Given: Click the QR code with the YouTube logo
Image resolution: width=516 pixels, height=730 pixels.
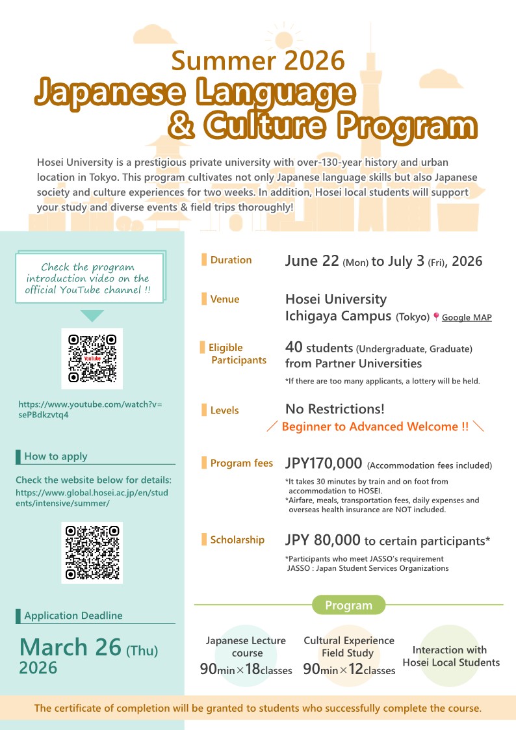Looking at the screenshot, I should click(x=92, y=358).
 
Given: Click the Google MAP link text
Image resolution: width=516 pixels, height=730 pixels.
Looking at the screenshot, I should click(x=467, y=318).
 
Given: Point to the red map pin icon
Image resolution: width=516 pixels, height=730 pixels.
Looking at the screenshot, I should click(x=436, y=317).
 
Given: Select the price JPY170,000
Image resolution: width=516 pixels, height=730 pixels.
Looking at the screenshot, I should click(x=324, y=463).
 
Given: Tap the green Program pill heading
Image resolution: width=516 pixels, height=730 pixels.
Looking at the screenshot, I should click(x=349, y=605).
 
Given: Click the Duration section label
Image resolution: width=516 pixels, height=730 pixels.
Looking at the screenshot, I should click(x=231, y=260).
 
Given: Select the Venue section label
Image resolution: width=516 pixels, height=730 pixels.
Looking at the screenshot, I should click(x=224, y=300).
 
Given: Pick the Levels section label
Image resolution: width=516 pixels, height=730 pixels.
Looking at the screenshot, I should click(x=224, y=410).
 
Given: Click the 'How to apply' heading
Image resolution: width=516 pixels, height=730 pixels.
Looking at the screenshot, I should click(x=55, y=456).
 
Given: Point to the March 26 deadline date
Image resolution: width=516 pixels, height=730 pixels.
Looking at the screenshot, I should click(x=71, y=647).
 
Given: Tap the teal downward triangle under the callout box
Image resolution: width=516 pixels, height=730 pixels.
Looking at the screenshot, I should click(x=92, y=316).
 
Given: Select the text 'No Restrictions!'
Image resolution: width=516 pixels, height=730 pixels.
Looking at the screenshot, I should click(x=335, y=409).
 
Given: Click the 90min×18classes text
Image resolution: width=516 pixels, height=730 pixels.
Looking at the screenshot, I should click(x=246, y=670).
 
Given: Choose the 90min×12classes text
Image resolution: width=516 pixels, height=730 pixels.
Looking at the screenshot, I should click(x=349, y=670).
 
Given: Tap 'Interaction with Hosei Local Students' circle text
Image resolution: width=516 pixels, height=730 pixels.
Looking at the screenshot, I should click(x=451, y=656).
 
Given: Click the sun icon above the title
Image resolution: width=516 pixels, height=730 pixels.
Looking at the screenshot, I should click(x=284, y=38).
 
